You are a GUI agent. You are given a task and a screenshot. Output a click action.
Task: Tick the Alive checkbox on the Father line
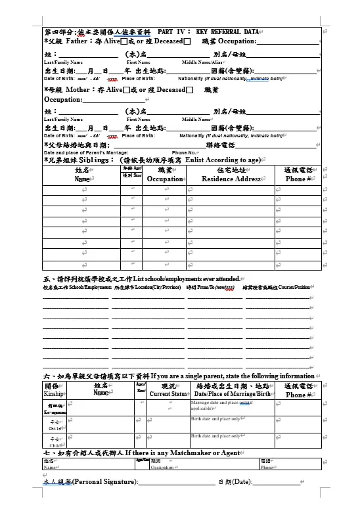click(125, 41)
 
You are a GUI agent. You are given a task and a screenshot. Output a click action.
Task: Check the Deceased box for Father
click(187, 41)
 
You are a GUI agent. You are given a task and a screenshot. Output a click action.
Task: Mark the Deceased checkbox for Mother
click(189, 90)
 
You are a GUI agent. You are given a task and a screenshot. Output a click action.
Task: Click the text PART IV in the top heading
click(173, 32)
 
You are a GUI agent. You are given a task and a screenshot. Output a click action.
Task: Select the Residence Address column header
click(231, 179)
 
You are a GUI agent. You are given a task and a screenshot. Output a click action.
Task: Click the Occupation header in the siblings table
click(165, 179)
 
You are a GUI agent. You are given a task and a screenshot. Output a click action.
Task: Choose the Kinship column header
click(54, 395)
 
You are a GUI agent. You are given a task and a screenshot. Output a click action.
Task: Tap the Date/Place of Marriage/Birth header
click(233, 394)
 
